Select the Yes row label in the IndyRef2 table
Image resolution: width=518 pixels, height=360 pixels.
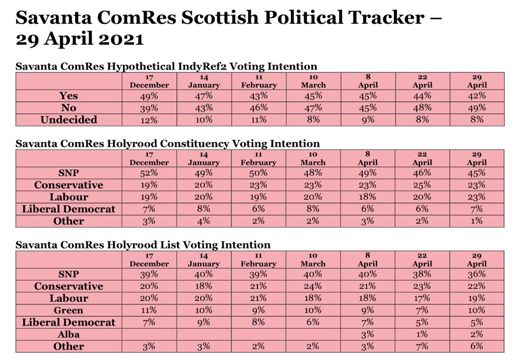point(68,96)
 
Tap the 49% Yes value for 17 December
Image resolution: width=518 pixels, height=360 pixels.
point(149,96)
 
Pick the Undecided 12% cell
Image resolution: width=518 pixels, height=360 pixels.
point(149,120)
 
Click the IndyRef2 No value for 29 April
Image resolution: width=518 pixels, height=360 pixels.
point(477,108)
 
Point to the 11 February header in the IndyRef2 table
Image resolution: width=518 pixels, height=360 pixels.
point(258,81)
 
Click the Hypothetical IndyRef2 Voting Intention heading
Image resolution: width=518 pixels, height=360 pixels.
point(166,66)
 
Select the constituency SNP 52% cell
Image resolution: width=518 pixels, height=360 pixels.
point(149,173)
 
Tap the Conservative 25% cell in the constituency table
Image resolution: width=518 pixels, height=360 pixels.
point(422,185)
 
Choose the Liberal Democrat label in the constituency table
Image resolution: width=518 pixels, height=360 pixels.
point(69,209)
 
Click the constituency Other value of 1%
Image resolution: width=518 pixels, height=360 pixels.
point(477,221)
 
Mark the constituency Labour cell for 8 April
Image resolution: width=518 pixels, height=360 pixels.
point(367,197)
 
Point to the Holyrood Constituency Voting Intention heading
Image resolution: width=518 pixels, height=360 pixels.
point(168,144)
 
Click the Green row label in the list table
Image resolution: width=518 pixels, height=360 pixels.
point(69,310)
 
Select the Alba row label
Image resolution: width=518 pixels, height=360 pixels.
point(69,335)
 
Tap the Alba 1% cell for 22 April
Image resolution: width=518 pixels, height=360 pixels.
point(422,334)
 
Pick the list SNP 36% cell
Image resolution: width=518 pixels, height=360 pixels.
point(477,274)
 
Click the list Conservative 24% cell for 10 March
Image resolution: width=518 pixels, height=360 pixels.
point(313,286)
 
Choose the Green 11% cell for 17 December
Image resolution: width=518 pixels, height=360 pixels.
point(149,310)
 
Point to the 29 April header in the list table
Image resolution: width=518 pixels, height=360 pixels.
point(477,260)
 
